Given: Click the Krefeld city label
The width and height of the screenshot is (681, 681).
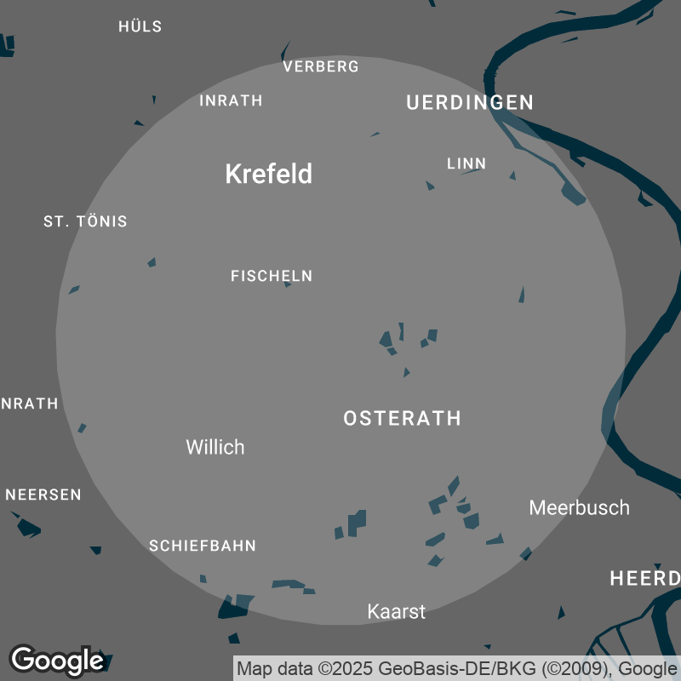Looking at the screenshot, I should coord(268,175).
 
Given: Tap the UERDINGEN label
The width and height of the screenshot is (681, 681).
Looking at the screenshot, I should coord(470,103).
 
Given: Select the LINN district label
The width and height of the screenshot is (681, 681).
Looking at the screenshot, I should coord(466,163).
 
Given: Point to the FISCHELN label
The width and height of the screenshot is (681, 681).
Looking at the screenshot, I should coord(272,276).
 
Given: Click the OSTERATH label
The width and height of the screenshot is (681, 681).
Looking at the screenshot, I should coord(402,419).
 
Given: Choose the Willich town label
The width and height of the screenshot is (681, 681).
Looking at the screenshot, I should coord(215,447).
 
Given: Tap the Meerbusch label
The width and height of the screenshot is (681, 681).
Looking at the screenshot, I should coord(580,508).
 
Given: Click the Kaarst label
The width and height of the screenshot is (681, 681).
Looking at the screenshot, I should coord(396,611).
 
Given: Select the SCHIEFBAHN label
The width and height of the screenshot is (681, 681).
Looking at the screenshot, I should coord(203,546).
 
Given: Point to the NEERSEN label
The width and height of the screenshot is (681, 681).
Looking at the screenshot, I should coord(43,495).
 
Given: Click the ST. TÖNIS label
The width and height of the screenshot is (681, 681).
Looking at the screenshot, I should coord(85,221).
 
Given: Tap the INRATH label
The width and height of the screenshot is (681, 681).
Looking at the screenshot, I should coord(231,100).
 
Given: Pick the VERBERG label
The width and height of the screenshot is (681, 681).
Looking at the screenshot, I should coord(321,66).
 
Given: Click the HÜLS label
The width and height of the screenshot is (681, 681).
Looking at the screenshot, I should coord(140,26).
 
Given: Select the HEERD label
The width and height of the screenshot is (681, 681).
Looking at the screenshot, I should coord(644,580).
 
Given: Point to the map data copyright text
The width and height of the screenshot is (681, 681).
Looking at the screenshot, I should coord(456,668).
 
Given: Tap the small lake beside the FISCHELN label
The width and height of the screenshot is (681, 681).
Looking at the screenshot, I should coord(288,284).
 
